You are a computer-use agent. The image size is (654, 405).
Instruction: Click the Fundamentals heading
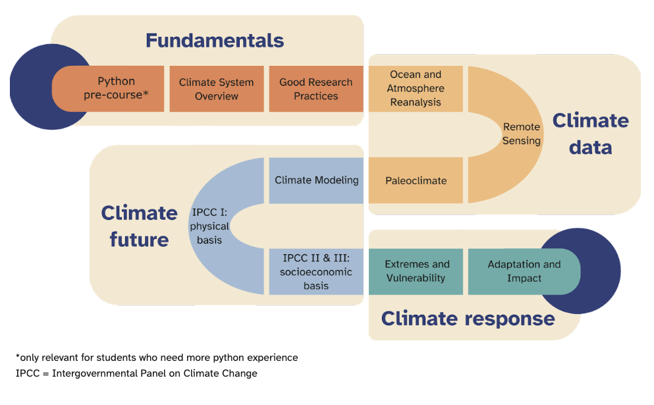(214, 41)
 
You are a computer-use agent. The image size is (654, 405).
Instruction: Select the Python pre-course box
(116, 88)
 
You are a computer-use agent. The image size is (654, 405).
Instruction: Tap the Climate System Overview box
(217, 89)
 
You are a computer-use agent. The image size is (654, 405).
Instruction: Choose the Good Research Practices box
(315, 89)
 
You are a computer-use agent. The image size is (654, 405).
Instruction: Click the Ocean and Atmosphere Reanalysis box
(415, 88)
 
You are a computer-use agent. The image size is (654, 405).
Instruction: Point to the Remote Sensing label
(521, 134)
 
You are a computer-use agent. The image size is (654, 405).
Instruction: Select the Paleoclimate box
(415, 180)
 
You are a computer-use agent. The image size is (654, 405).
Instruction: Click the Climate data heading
(590, 134)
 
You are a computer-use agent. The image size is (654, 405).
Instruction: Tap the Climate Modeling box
(316, 180)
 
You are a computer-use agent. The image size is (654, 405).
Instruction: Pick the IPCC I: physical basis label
(210, 226)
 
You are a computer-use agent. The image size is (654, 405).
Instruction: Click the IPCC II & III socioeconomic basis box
(316, 271)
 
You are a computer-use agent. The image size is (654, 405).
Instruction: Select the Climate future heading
(139, 226)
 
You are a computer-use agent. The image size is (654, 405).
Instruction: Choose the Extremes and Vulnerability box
(415, 271)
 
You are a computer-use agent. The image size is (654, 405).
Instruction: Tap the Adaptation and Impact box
(524, 271)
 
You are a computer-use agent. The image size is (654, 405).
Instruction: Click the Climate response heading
(468, 319)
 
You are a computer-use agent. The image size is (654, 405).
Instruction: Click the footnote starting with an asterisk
(157, 358)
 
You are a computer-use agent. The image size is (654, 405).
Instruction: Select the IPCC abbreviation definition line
(136, 373)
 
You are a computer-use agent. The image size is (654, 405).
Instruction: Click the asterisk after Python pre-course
(146, 94)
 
